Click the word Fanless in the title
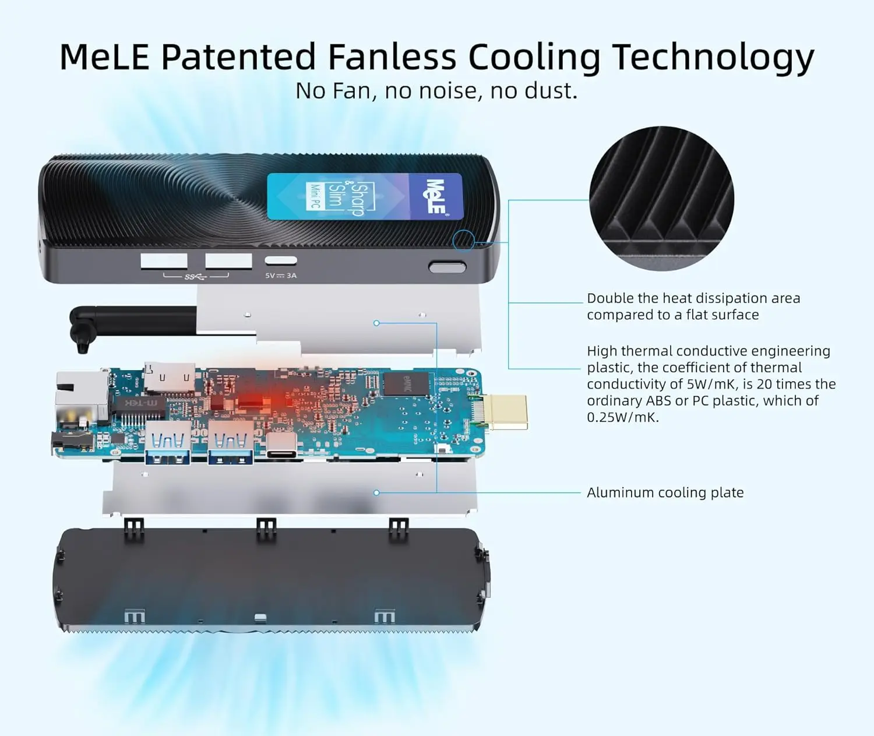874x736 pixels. pyautogui.click(x=392, y=57)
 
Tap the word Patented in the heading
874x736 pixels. pyautogui.click(x=239, y=57)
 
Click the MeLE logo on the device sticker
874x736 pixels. pyautogui.click(x=435, y=196)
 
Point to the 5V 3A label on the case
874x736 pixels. pyautogui.click(x=281, y=276)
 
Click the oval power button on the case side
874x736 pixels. pyautogui.click(x=447, y=267)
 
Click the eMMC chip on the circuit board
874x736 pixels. pyautogui.click(x=406, y=383)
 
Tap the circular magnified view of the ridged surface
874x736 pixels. pyautogui.click(x=661, y=198)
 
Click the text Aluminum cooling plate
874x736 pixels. pyautogui.click(x=665, y=492)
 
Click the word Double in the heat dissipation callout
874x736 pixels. pyautogui.click(x=609, y=298)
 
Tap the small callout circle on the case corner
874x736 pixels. pyautogui.click(x=464, y=240)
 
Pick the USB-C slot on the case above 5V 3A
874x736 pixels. pyautogui.click(x=281, y=260)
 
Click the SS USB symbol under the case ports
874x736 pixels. pyautogui.click(x=196, y=276)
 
